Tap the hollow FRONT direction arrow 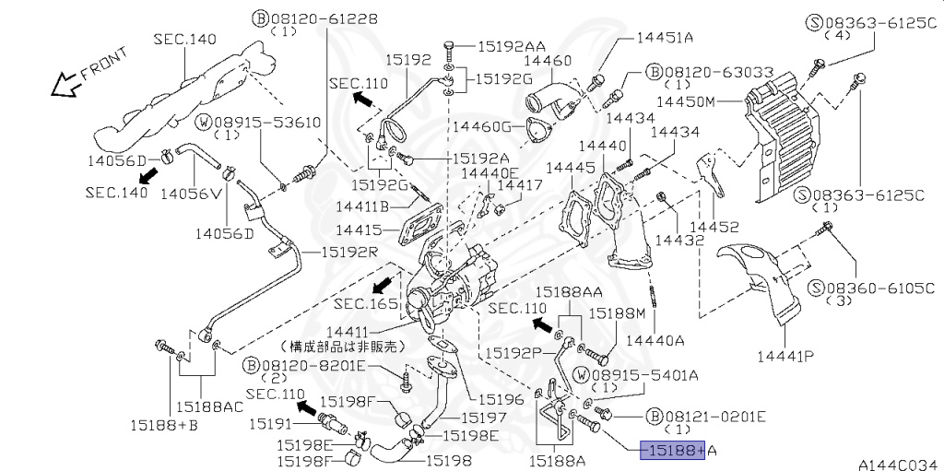pyautogui.click(x=66, y=85)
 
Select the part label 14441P pyautogui.click(x=785, y=356)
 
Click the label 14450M pyautogui.click(x=685, y=101)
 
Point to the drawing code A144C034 pyautogui.click(x=899, y=465)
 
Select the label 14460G pyautogui.click(x=482, y=126)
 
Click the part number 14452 pyautogui.click(x=714, y=227)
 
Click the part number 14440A pyautogui.click(x=655, y=340)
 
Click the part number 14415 pyautogui.click(x=359, y=230)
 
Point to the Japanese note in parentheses pyautogui.click(x=343, y=347)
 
